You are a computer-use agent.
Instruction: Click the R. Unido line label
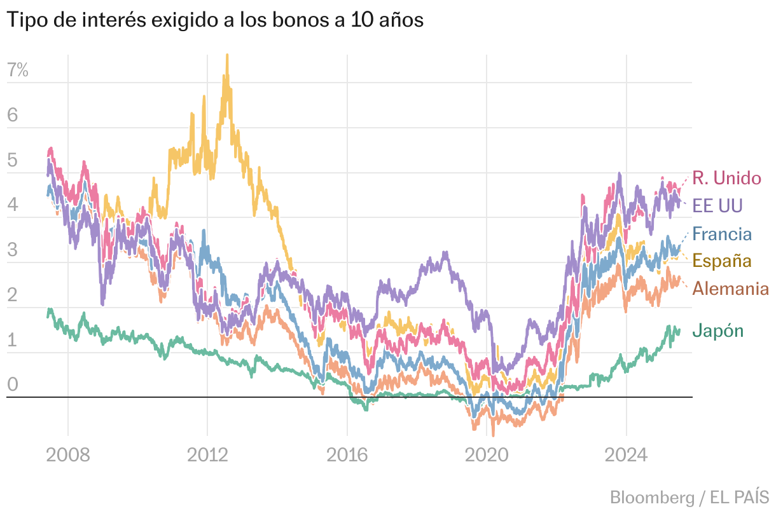(726, 178)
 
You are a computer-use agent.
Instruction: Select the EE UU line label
(717, 206)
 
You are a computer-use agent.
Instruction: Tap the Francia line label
(722, 234)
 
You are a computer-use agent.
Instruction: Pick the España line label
(722, 261)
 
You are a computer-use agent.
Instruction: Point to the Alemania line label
(730, 289)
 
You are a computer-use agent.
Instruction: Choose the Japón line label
(717, 330)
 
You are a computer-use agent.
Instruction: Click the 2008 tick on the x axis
(68, 456)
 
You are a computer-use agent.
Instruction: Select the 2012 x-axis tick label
(207, 456)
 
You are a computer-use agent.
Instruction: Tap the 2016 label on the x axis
(347, 456)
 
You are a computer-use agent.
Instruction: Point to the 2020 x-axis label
(487, 456)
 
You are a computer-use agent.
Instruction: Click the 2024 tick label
(626, 456)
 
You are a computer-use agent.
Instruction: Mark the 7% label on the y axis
(18, 71)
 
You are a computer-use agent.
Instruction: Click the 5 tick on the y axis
(13, 161)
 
